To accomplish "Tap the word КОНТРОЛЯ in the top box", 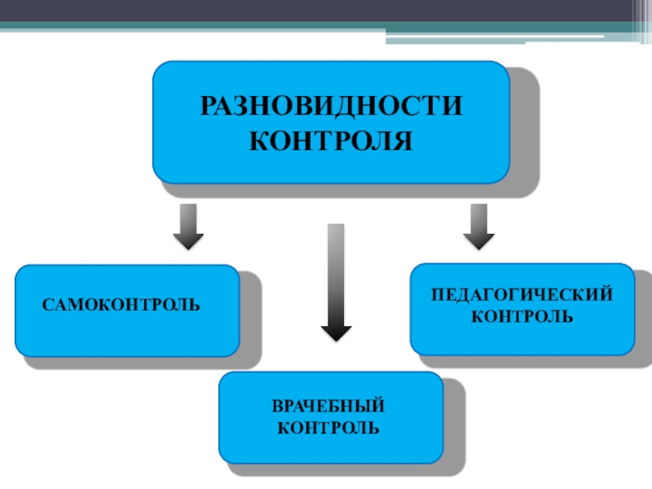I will (331, 140).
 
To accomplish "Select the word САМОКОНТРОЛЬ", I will (121, 306).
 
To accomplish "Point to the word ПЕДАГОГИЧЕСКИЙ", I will (522, 294).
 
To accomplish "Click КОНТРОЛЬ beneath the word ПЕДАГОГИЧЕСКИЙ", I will (522, 315).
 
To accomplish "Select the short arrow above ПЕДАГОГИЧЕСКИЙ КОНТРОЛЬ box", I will (478, 225).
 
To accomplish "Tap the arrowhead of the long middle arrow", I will (336, 332).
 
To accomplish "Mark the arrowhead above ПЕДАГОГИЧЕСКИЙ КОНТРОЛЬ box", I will (478, 240).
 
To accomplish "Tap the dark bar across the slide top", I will (326, 11).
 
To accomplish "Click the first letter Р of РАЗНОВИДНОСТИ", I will (207, 108).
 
